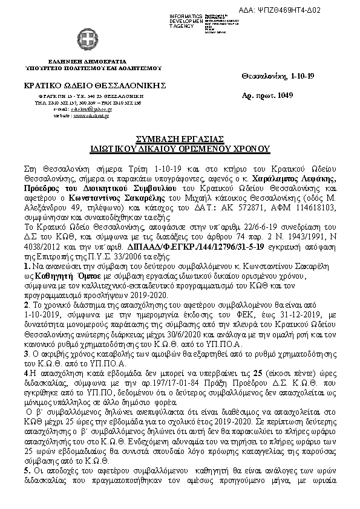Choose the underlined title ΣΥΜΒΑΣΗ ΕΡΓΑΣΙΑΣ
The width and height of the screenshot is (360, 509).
[179, 138]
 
